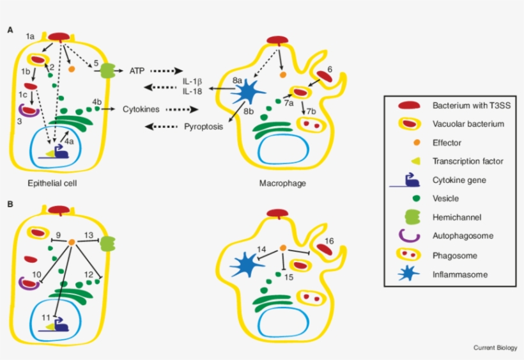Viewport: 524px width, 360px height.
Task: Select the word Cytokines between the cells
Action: tap(141, 109)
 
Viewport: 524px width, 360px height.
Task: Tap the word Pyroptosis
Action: tap(203, 126)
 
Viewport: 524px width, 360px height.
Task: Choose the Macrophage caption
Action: tap(282, 183)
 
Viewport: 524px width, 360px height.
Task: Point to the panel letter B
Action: tap(10, 204)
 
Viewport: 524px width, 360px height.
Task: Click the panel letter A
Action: tap(10, 30)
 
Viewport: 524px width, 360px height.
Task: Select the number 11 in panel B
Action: tap(45, 317)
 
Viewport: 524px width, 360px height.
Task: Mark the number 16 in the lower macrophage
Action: tap(328, 241)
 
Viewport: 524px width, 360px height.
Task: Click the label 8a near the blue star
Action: tap(237, 81)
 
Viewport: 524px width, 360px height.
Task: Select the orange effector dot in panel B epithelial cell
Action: tap(72, 242)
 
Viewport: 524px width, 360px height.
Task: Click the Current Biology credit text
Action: tap(495, 347)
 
